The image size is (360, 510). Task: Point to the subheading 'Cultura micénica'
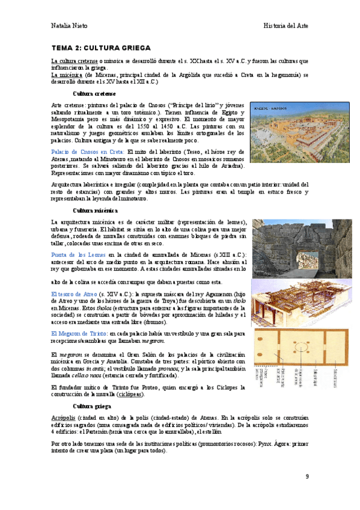tap(95, 210)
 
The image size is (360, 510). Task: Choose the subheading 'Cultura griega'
tap(91, 390)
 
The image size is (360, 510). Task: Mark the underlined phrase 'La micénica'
tap(67, 75)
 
